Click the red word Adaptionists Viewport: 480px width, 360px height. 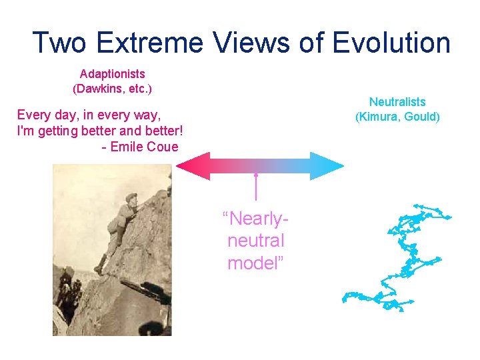[112, 74]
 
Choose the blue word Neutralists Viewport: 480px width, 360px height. [397, 102]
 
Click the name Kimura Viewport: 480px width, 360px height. [379, 117]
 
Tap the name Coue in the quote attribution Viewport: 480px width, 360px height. [163, 147]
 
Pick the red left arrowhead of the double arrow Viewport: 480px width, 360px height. [192, 166]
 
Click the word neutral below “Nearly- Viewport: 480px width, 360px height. [256, 241]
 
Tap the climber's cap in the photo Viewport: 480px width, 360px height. [131, 197]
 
